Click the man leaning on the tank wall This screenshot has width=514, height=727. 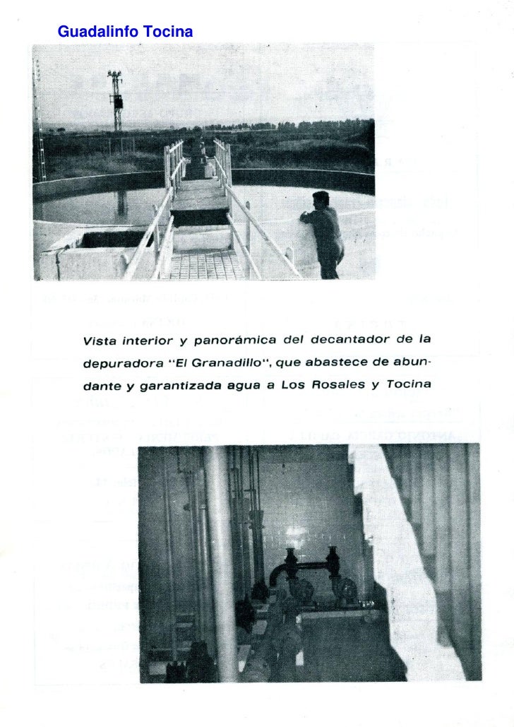[x=325, y=233]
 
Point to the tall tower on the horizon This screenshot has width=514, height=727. [x=115, y=99]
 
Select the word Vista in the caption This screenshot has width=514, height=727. [x=100, y=341]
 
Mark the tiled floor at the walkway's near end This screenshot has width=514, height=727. [x=207, y=265]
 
